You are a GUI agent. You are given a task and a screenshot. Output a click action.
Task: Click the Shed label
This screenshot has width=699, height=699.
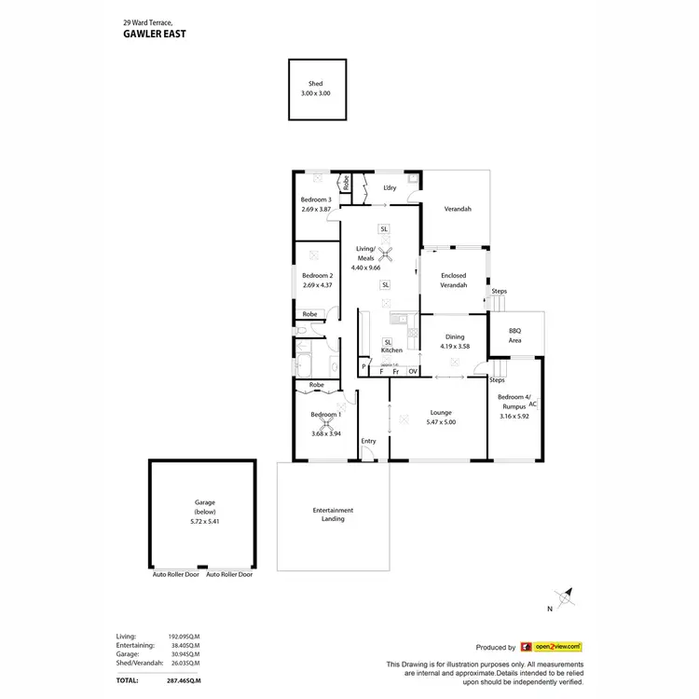click(316, 84)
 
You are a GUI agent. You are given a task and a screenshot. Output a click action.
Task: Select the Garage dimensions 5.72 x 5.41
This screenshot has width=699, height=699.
click(204, 521)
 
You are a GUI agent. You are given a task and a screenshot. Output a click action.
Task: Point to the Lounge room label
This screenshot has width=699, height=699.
click(441, 412)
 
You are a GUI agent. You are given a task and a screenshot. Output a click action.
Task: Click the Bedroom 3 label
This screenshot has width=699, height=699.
click(316, 200)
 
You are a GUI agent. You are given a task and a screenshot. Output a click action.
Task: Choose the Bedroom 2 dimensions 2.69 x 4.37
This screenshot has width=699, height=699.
click(317, 284)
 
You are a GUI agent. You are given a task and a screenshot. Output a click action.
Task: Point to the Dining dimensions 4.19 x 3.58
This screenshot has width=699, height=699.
click(454, 347)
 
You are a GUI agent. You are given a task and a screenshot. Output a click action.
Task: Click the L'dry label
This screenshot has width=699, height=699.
click(391, 188)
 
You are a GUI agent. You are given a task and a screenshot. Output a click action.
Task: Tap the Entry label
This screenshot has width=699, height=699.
click(369, 441)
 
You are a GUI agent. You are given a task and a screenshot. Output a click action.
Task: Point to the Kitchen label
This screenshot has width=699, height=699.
click(391, 349)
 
